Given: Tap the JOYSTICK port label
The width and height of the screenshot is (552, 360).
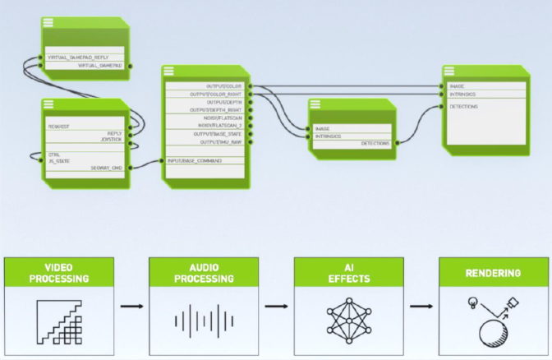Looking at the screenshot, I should [x=112, y=140].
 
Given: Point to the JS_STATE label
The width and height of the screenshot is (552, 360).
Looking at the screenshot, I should [x=57, y=161].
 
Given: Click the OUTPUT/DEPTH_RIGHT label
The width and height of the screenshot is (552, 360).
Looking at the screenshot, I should [x=217, y=109].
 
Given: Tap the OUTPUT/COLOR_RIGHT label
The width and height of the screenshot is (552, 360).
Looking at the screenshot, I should [x=218, y=94].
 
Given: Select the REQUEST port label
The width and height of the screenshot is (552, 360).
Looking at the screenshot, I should [x=58, y=127].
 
